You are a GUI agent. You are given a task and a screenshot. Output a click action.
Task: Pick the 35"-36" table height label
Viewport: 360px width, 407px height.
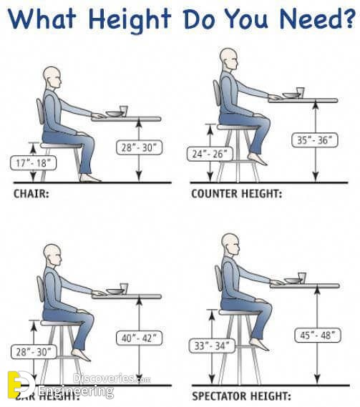tap(313, 141)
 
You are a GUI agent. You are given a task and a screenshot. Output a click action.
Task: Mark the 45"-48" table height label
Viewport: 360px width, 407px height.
tap(314, 334)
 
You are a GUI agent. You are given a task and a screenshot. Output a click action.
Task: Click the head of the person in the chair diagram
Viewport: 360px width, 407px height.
tap(51, 77)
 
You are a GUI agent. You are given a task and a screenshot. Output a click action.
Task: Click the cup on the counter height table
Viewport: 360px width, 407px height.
tap(300, 92)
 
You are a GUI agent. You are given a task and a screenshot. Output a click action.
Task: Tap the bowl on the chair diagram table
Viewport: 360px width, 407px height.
tap(113, 113)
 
